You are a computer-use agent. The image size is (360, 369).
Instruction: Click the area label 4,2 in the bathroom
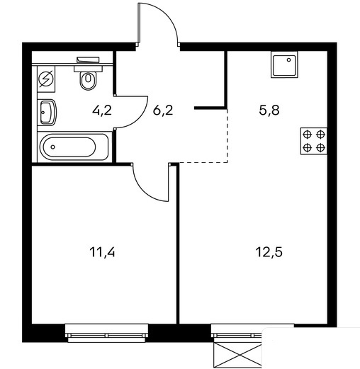pyautogui.click(x=102, y=110)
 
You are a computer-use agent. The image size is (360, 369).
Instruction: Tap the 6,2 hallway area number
pyautogui.click(x=163, y=110)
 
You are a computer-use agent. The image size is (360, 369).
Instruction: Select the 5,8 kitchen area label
pyautogui.click(x=269, y=110)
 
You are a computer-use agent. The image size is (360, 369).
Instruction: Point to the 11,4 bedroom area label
pyautogui.click(x=103, y=252)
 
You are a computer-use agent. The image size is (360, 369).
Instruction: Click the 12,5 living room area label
pyautogui.click(x=269, y=252)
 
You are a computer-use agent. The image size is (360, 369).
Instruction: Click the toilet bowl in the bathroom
pyautogui.click(x=89, y=80)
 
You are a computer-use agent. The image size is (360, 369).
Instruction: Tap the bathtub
pyautogui.click(x=74, y=147)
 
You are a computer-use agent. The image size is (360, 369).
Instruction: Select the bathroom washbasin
pyautogui.click(x=47, y=113)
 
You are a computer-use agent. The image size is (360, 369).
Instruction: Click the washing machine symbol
pyautogui.click(x=46, y=79)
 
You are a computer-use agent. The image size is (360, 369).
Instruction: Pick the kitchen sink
pyautogui.click(x=284, y=64)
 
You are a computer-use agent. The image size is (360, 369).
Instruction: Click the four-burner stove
pyautogui.click(x=314, y=141)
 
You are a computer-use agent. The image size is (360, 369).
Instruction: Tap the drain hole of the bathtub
pyautogui.click(x=52, y=147)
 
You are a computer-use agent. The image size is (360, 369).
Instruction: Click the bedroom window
pyautogui.click(x=106, y=333)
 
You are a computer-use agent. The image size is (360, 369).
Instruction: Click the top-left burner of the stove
pyautogui.click(x=307, y=135)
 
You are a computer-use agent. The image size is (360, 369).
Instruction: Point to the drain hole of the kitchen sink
pyautogui.click(x=288, y=59)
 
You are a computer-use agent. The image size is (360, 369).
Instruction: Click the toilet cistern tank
pyautogui.click(x=88, y=59)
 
